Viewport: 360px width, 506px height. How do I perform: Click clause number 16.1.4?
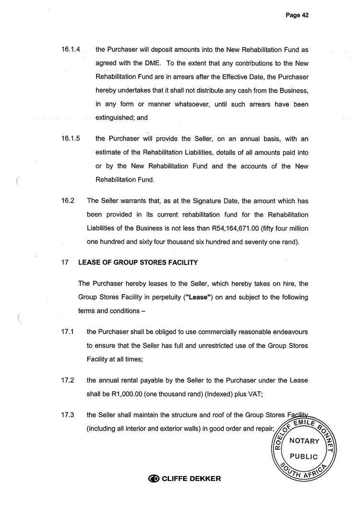71,49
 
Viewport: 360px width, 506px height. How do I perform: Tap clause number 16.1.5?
71,139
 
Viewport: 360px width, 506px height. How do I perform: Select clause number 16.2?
68,201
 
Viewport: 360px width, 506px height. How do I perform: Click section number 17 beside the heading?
64,263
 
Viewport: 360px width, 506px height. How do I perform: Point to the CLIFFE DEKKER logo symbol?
154,479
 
